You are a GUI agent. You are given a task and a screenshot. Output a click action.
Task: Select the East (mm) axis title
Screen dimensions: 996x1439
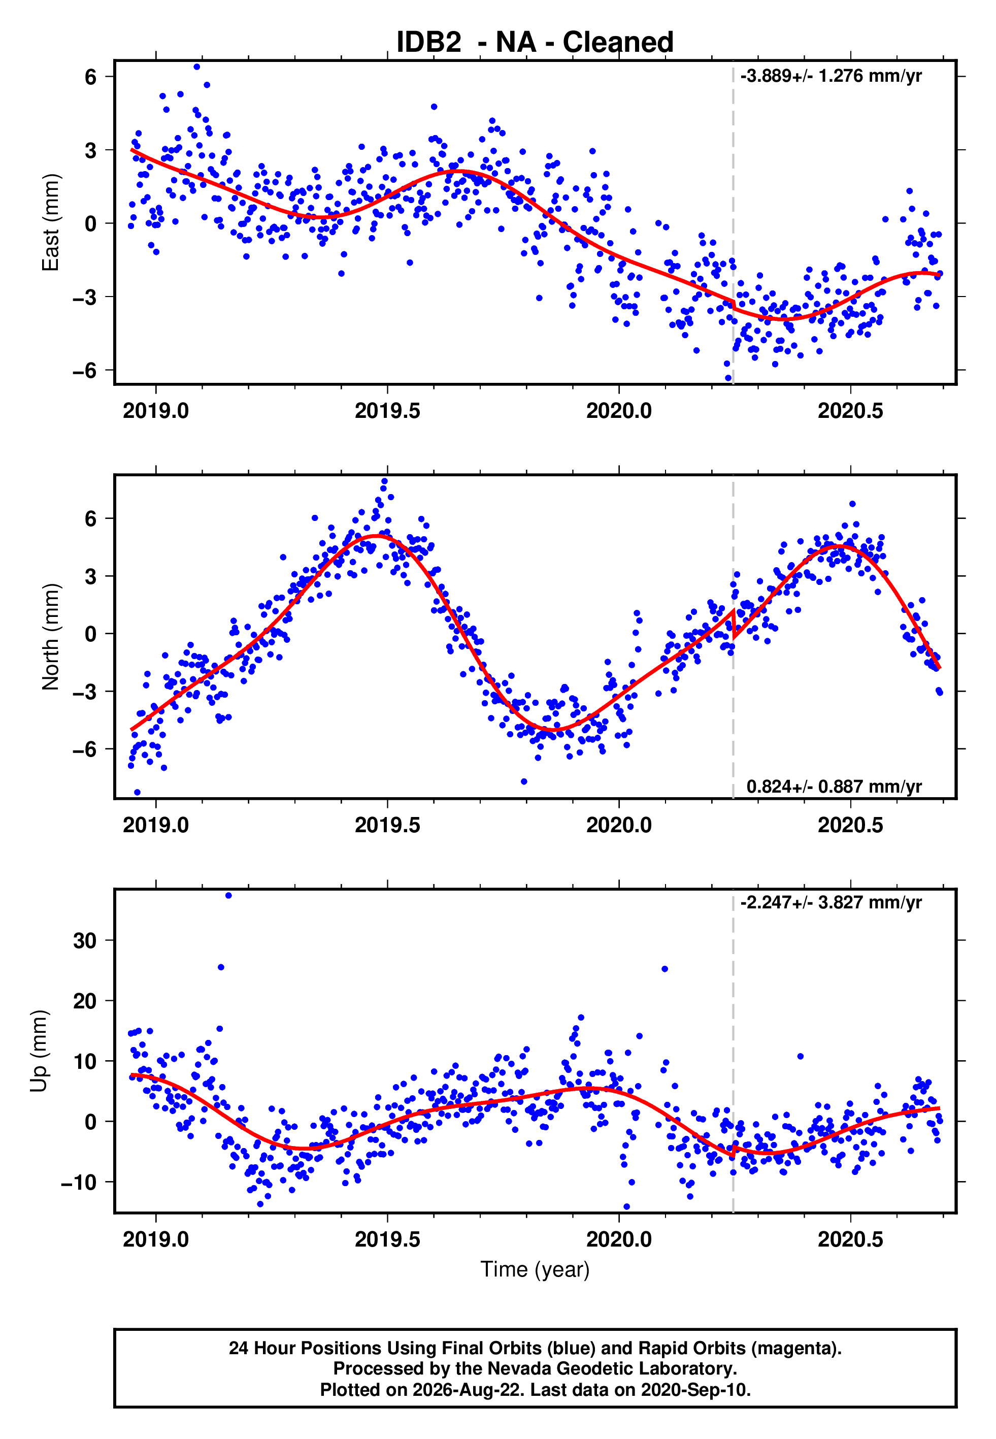pos(50,223)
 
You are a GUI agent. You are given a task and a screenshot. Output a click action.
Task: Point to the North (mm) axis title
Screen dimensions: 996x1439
pos(50,637)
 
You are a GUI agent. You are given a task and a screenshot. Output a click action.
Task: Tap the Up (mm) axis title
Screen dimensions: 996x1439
pos(39,1051)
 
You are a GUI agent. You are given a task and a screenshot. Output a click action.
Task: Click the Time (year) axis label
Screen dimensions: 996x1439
pos(535,1269)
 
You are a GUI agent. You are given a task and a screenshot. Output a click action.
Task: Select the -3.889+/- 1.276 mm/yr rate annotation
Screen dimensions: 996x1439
pos(831,76)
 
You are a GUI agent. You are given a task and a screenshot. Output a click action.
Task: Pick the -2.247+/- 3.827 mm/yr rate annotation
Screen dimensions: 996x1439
pos(831,902)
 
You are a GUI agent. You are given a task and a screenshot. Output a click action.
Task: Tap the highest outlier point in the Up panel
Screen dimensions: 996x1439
pos(228,896)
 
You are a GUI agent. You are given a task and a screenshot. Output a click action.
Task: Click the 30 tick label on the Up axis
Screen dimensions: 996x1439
pos(85,940)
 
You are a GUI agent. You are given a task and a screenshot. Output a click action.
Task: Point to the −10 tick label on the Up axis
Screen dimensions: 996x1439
pos(79,1182)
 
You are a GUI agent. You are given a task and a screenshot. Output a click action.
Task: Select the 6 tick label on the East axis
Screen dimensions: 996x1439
pos(91,77)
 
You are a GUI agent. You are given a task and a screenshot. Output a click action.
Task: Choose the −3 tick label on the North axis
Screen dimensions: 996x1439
pos(85,692)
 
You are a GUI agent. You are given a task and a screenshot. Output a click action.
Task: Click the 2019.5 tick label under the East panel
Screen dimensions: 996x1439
pos(387,411)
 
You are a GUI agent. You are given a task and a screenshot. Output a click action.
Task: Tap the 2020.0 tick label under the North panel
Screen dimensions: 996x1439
pos(619,825)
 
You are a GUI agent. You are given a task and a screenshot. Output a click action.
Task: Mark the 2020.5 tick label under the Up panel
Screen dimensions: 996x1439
pos(851,1239)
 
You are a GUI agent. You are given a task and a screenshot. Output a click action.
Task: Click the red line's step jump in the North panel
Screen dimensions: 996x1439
pos(733,624)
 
